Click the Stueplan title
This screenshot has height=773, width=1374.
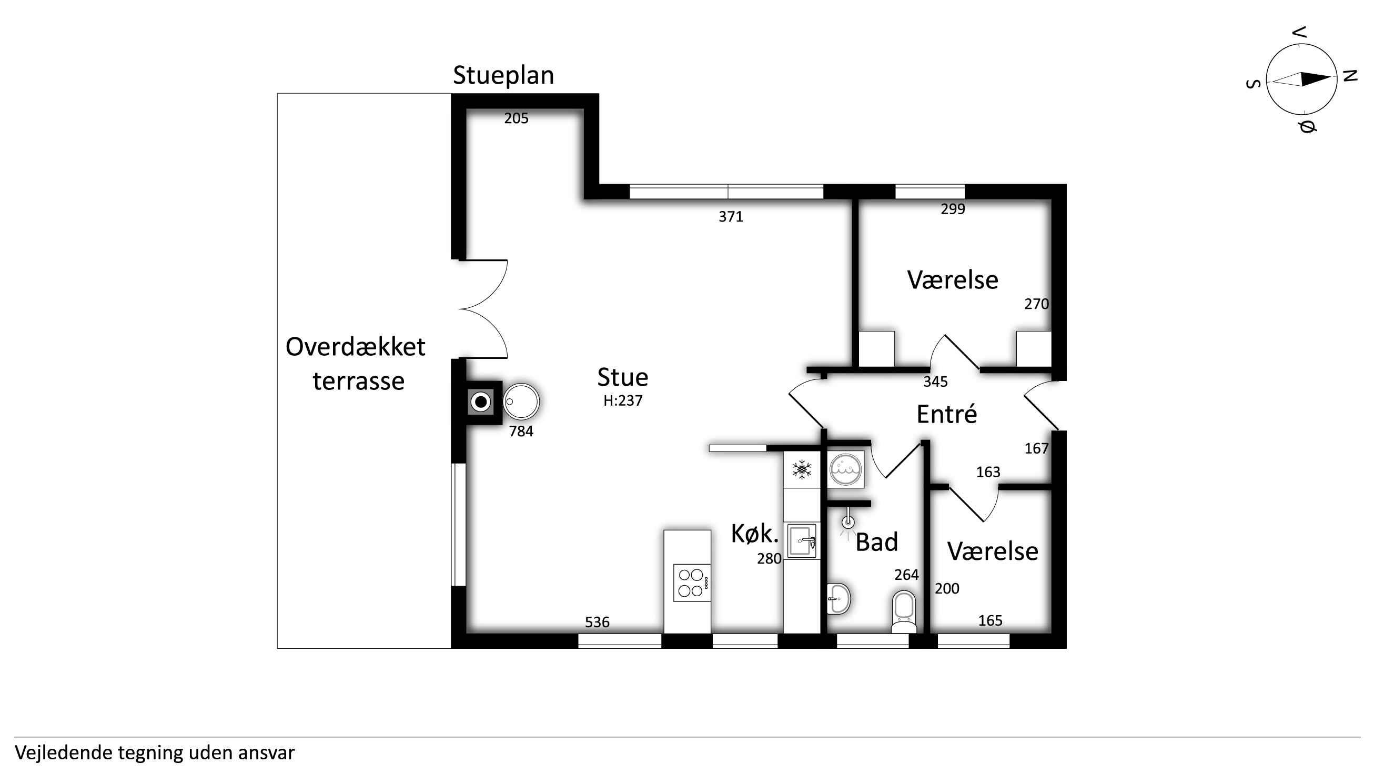point(503,76)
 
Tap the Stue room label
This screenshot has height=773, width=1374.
point(622,377)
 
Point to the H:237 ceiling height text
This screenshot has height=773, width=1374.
point(622,400)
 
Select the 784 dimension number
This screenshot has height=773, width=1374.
point(521,431)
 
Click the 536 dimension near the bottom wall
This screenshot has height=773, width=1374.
point(597,622)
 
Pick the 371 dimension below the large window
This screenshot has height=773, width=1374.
point(731,217)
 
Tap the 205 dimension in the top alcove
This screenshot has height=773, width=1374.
point(517,118)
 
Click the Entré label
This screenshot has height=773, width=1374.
point(947,414)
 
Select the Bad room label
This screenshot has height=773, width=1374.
point(877,542)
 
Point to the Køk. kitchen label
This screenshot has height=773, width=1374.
point(755,534)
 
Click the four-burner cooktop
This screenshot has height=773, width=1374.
point(692,583)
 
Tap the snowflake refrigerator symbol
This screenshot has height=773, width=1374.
point(802,469)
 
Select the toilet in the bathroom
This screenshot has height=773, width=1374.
point(904,611)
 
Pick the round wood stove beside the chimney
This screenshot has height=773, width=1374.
point(521,401)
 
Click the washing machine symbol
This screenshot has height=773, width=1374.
point(845,470)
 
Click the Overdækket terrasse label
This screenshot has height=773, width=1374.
point(356,364)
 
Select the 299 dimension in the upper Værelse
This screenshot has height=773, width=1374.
point(953,209)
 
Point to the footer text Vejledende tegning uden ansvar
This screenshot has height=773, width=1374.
point(155,752)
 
